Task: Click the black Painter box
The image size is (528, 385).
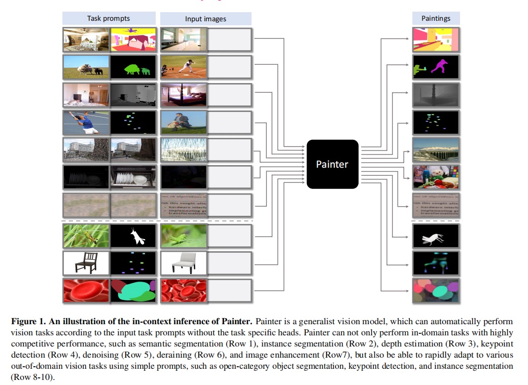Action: point(332,164)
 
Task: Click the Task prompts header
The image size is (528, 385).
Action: point(108,19)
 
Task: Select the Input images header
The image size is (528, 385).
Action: point(205,19)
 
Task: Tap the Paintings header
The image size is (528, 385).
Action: point(436,19)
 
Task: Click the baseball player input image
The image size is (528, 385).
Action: point(184,67)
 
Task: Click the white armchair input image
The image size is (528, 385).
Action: point(184,263)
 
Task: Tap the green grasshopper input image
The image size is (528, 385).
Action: point(184,236)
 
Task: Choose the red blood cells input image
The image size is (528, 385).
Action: point(184,291)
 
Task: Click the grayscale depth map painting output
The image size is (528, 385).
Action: point(436,94)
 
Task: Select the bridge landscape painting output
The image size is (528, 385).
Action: point(436,149)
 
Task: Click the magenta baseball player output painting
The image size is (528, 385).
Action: point(436,67)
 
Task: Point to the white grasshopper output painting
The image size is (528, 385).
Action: point(436,236)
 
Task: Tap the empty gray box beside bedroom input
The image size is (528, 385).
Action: point(230,94)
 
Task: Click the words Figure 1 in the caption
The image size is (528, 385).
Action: point(28,322)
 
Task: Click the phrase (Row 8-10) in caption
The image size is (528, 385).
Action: point(32,377)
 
